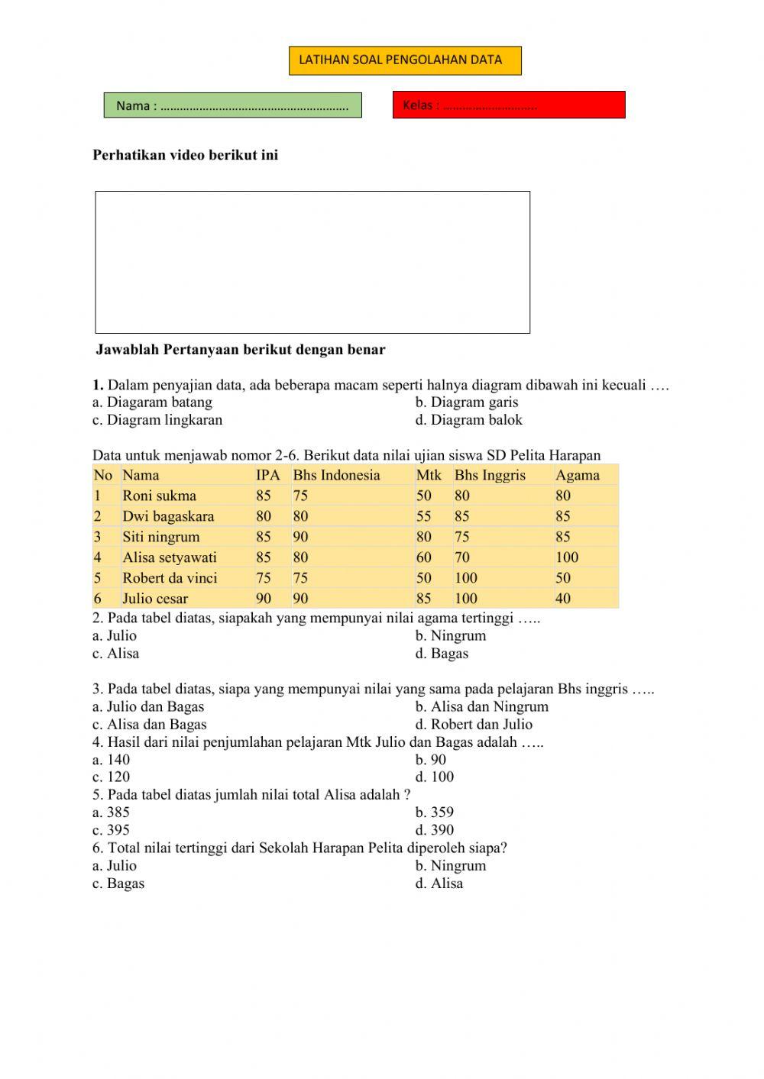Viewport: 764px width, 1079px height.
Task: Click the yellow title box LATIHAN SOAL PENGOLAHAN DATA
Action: point(405,60)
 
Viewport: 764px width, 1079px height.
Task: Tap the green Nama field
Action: point(232,105)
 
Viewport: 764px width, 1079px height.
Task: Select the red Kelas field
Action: point(509,105)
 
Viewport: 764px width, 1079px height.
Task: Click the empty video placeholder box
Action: point(312,262)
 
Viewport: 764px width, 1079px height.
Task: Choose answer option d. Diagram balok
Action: point(469,420)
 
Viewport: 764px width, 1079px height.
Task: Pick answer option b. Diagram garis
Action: point(467,402)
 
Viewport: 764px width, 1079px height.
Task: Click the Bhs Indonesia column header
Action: point(336,475)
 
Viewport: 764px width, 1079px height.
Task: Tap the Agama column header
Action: point(578,475)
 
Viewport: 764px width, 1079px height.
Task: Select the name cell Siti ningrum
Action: point(161,537)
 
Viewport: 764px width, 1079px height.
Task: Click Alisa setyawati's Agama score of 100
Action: point(567,557)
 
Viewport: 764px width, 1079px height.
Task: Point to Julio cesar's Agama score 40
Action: point(563,599)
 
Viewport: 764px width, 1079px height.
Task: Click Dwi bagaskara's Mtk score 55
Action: point(424,516)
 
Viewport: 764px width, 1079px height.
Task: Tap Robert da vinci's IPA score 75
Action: point(264,578)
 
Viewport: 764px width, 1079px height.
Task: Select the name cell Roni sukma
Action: point(160,496)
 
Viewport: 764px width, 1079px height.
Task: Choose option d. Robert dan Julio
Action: point(474,725)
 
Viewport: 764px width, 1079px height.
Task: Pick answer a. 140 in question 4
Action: point(112,760)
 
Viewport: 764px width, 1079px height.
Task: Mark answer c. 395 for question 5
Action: point(112,830)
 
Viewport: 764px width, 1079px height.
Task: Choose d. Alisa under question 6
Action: point(439,884)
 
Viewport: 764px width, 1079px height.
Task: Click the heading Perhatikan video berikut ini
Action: point(186,155)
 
